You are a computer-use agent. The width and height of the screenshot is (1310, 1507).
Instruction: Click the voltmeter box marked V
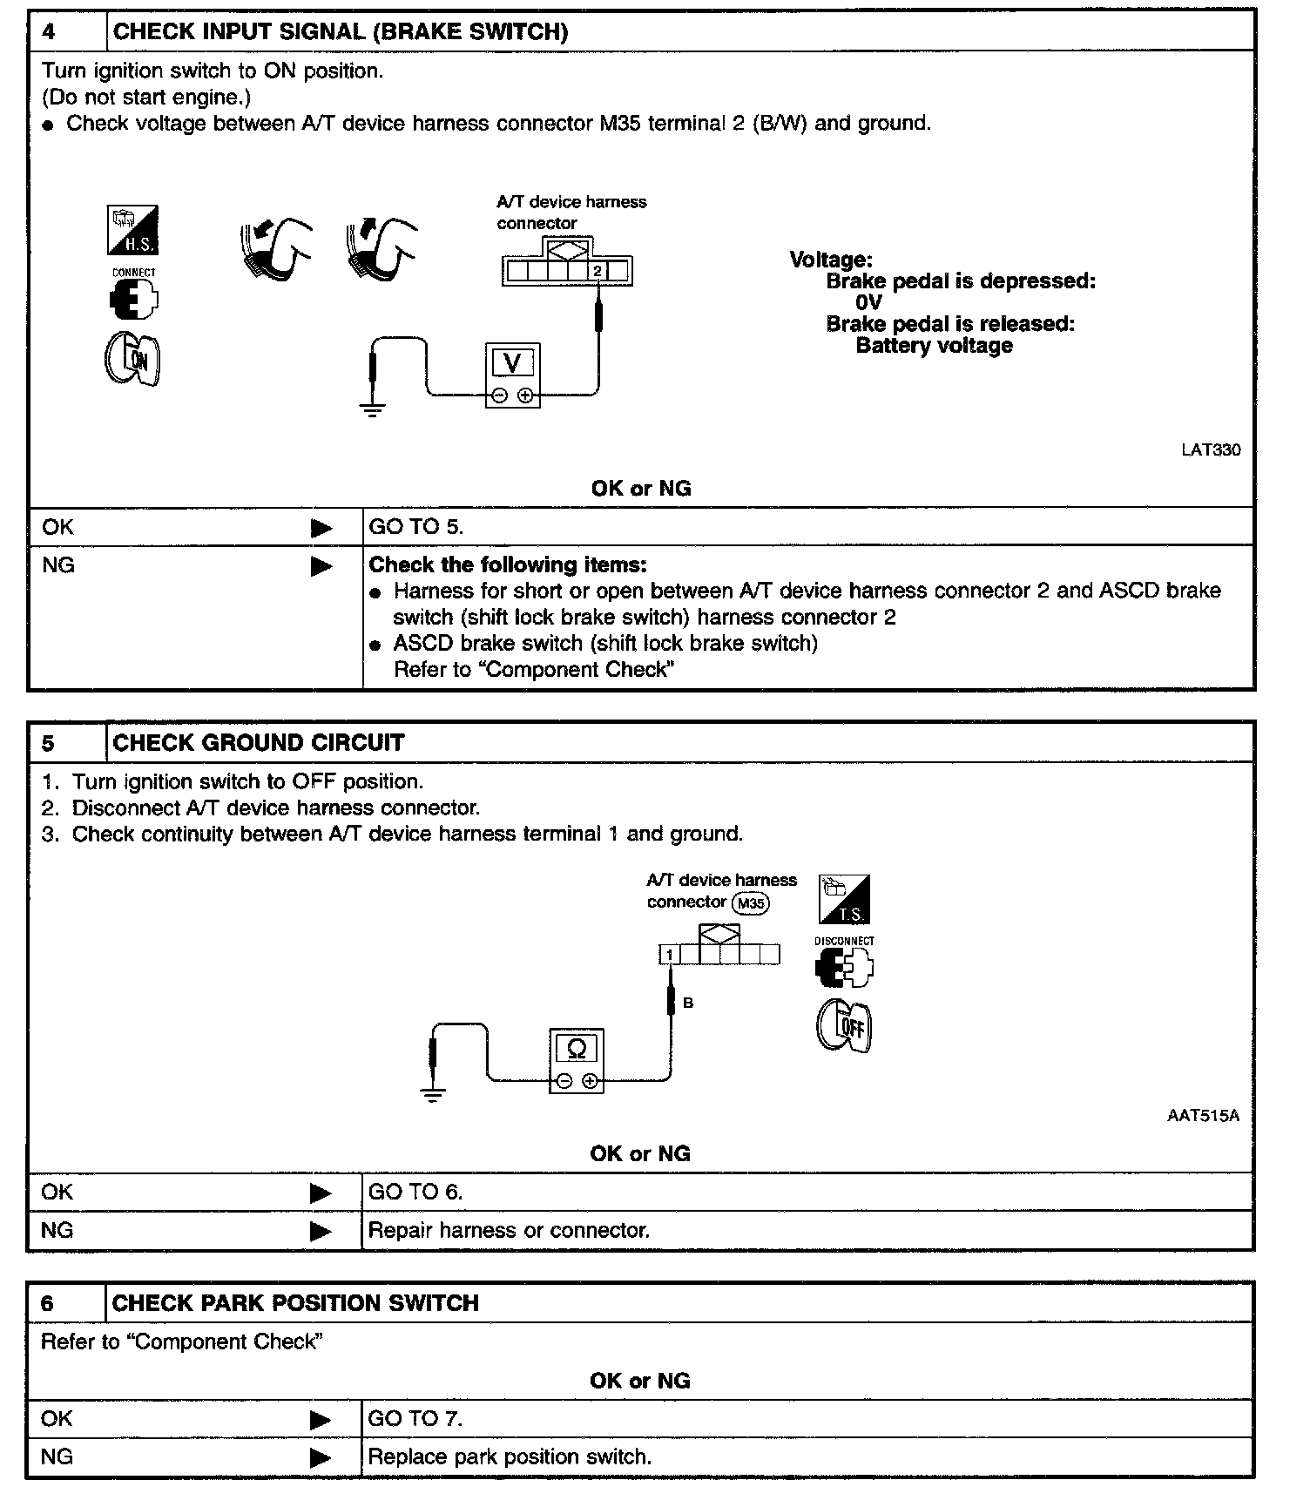point(512,375)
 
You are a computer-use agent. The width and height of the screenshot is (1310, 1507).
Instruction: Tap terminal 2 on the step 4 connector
point(597,272)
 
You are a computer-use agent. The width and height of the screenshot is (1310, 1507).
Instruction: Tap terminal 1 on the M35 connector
point(669,956)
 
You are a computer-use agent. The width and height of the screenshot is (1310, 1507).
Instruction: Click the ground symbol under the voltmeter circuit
point(373,410)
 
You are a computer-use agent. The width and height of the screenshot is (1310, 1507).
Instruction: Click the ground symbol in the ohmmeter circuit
point(432,1095)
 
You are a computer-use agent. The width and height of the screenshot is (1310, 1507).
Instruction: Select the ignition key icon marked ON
point(133,360)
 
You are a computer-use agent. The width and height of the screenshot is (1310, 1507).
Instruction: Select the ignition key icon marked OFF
point(844,1025)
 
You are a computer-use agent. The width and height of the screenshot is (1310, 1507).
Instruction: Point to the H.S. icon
point(132,230)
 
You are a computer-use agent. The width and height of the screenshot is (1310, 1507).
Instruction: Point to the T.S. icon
point(844,900)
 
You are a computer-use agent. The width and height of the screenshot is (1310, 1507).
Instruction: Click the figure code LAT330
point(1211,450)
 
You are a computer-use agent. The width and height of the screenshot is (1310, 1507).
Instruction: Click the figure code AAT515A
point(1203,1116)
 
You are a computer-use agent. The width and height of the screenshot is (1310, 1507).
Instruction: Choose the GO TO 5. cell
point(416,527)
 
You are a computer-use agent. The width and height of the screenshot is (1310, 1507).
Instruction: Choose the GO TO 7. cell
point(415,1419)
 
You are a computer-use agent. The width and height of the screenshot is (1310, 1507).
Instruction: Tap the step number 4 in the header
point(49,32)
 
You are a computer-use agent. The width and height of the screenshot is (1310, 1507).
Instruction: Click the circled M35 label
point(750,903)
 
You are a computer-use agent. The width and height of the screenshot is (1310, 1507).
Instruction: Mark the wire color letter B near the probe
point(688,1004)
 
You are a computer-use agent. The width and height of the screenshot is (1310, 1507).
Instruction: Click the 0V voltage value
point(868,303)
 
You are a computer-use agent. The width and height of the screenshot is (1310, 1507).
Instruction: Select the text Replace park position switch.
point(510,1456)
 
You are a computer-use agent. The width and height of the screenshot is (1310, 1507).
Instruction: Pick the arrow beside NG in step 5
point(321,1231)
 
